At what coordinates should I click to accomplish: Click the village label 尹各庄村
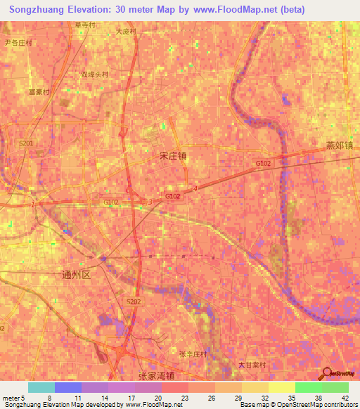(x=19, y=42)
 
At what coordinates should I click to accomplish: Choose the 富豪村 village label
(x=38, y=92)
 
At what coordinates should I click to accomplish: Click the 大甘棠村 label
(x=252, y=365)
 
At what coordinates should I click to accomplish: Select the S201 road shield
(x=26, y=143)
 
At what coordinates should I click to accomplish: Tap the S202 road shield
(x=134, y=301)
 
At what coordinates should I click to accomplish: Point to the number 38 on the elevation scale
(x=318, y=398)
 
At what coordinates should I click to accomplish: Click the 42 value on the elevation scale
(x=344, y=398)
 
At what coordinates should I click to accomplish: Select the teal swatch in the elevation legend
(x=41, y=387)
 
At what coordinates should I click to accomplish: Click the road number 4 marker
(x=195, y=188)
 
